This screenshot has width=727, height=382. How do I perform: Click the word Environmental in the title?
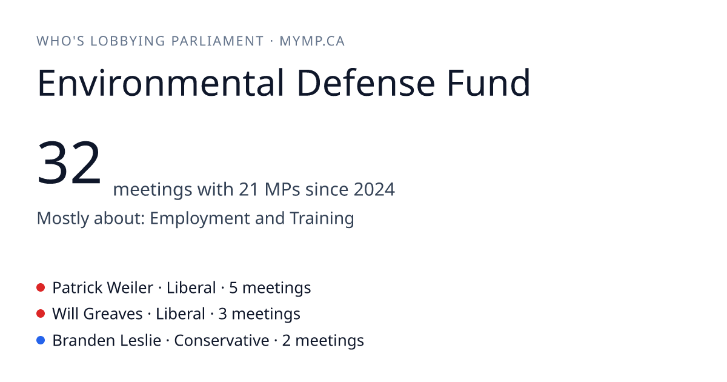(x=161, y=83)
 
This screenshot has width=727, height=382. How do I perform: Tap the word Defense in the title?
(x=366, y=83)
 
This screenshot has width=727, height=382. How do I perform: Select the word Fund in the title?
(x=488, y=82)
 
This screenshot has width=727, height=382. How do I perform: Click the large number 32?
(x=69, y=162)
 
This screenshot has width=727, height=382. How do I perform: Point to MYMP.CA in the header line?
(x=312, y=41)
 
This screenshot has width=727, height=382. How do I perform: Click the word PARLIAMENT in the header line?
(x=217, y=41)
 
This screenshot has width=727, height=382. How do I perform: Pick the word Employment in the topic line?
(x=199, y=219)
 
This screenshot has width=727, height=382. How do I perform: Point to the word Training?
(x=322, y=219)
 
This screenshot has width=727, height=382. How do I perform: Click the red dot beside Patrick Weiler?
(x=41, y=287)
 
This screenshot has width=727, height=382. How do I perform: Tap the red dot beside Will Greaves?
(x=41, y=314)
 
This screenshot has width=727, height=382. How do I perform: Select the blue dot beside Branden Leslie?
(x=41, y=340)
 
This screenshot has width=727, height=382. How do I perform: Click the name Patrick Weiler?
(x=102, y=288)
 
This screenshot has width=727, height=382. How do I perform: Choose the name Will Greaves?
(x=98, y=314)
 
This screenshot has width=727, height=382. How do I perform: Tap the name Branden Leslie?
(x=107, y=341)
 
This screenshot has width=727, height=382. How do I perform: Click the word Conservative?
(x=222, y=341)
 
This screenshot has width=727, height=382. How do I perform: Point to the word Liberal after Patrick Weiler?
(x=191, y=288)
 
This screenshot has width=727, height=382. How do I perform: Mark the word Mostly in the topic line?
(x=63, y=219)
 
